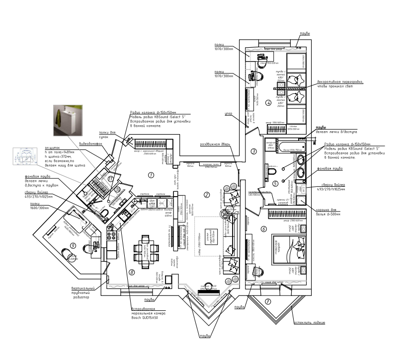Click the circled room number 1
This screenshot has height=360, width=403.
(x=151, y=174)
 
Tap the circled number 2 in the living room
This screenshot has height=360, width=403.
(x=206, y=194)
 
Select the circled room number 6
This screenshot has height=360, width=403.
(x=263, y=229)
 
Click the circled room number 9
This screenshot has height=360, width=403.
(x=73, y=245)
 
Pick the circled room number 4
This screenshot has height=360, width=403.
(x=268, y=103)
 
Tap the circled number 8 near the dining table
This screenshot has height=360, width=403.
(x=132, y=272)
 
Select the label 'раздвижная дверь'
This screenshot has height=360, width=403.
(x=214, y=144)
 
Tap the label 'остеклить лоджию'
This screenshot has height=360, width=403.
(x=310, y=323)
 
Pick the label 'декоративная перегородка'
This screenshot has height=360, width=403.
(x=340, y=82)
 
